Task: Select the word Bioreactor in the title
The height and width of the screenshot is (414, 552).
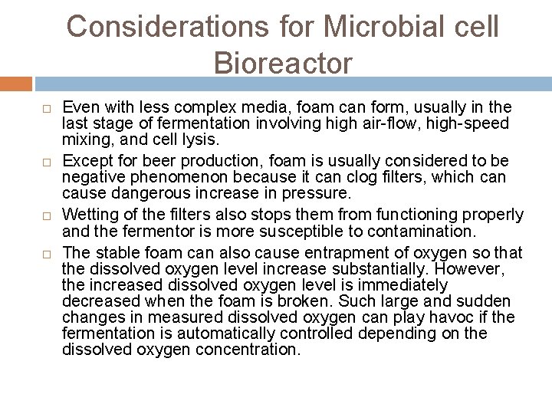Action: tap(284, 63)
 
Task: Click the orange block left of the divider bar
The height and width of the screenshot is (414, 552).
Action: tap(16, 84)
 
